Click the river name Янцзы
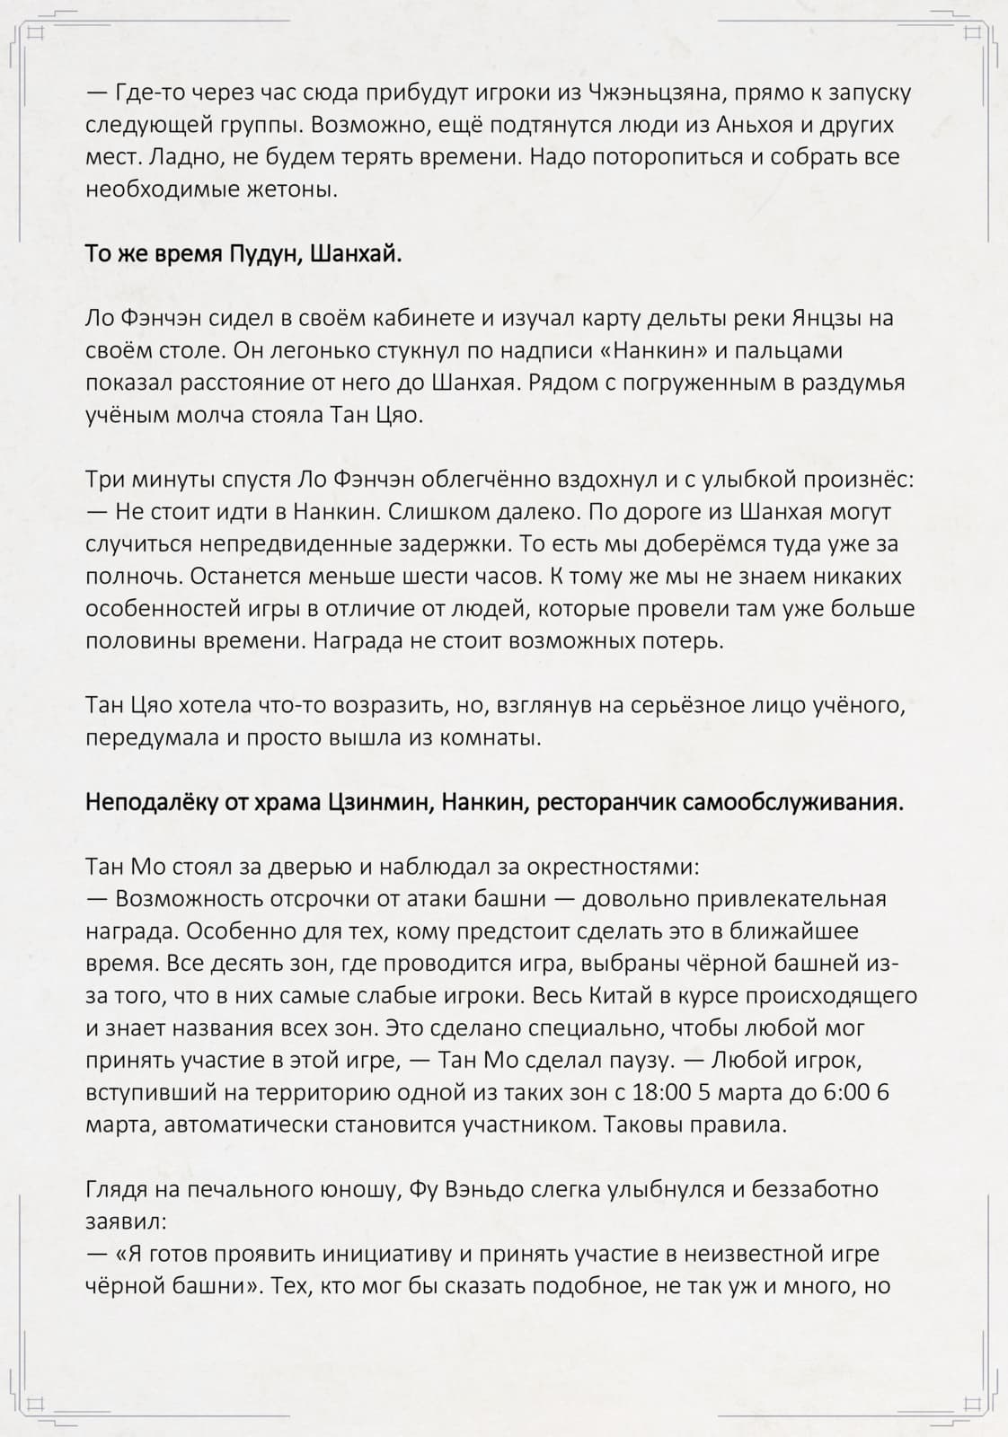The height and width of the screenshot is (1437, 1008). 829,318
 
